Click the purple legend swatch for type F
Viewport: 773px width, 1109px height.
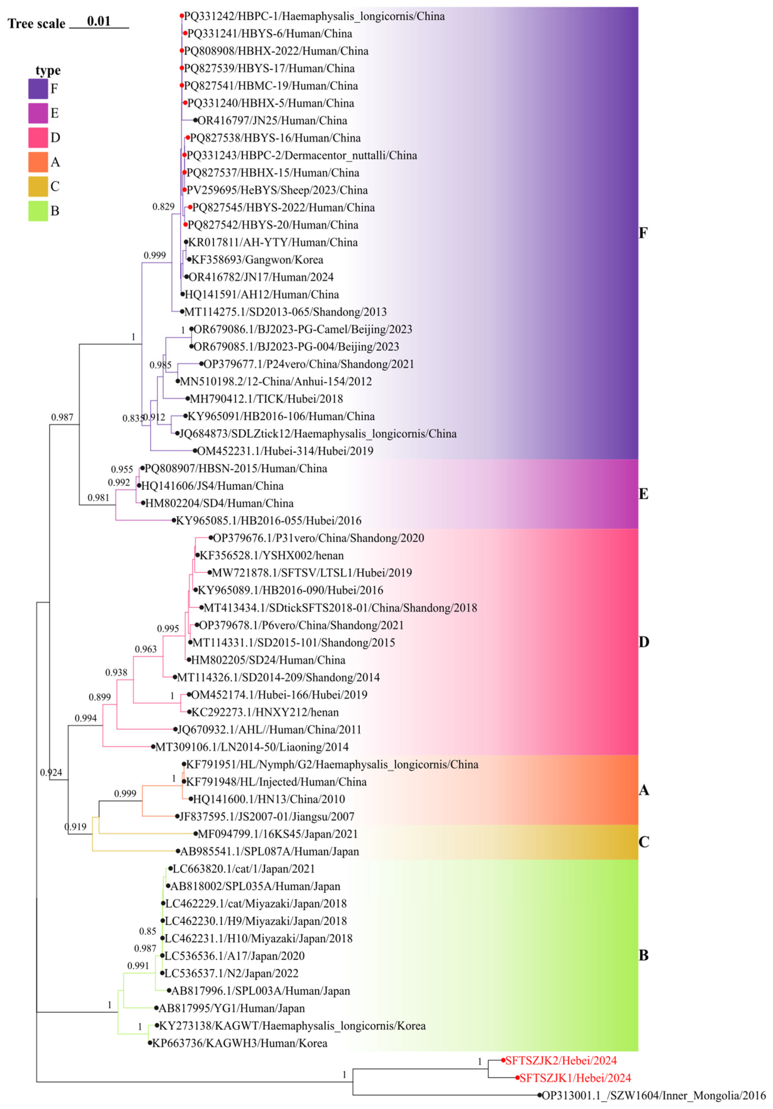click(38, 89)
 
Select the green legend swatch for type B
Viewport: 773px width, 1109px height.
click(38, 211)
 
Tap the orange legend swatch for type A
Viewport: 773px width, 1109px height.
click(38, 162)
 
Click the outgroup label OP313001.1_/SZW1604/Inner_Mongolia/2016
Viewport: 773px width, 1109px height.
click(653, 1096)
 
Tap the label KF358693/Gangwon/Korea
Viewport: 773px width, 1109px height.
click(257, 260)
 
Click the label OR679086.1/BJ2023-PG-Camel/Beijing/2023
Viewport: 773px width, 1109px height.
click(303, 329)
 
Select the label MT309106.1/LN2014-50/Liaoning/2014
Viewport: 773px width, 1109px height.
click(251, 747)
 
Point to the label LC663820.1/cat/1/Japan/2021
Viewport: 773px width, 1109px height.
click(244, 869)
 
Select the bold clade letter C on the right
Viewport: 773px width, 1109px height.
click(644, 842)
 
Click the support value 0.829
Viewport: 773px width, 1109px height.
click(163, 207)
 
